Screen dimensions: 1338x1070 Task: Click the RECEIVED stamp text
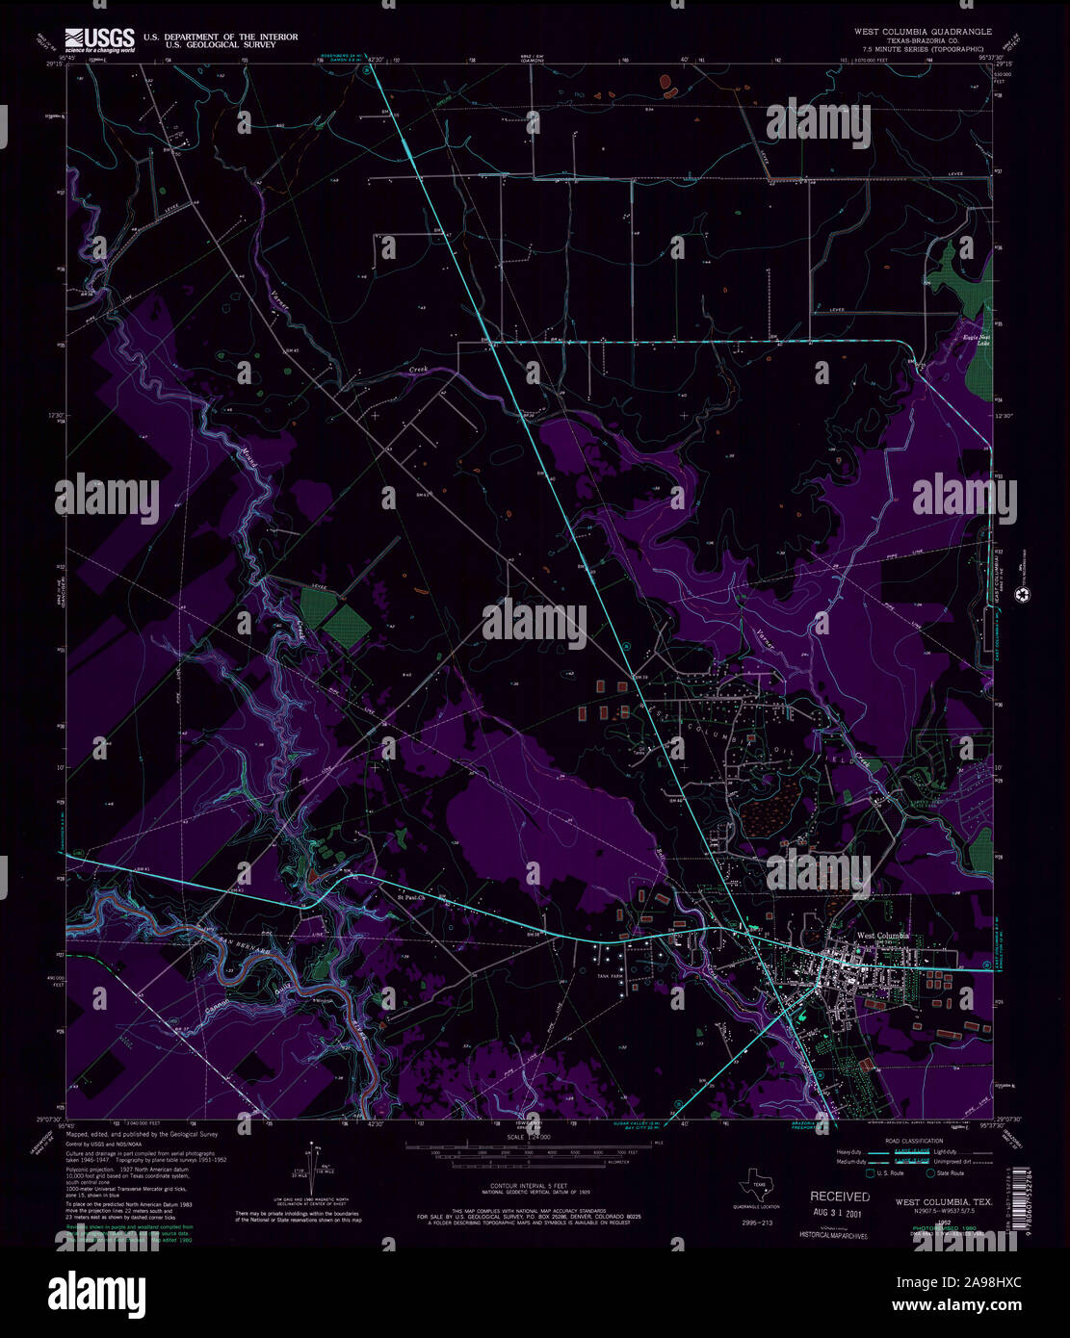point(839,1196)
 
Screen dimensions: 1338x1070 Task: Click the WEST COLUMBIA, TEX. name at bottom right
point(944,1202)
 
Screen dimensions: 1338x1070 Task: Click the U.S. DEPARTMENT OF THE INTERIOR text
point(221,37)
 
